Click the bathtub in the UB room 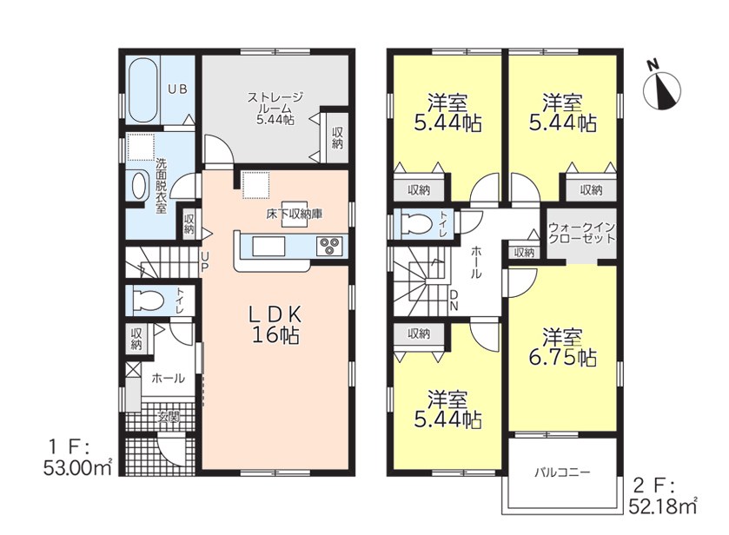142,89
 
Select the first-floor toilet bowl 148,300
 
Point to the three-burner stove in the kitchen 329,246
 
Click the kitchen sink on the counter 268,246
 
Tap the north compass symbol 662,89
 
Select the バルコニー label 562,473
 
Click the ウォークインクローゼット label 581,234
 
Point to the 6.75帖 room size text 562,358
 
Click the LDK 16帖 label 275,325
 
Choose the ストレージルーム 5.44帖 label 275,109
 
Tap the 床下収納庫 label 295,215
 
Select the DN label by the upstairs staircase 454,301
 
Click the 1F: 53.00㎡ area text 77,459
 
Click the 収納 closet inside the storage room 337,138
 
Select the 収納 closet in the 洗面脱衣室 189,223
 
